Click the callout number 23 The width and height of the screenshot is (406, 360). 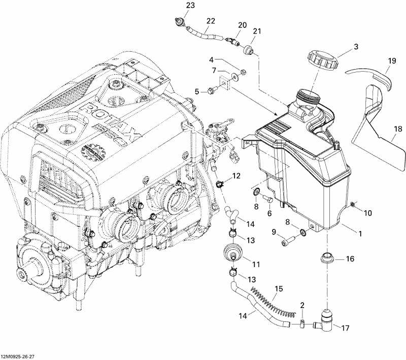tap(176, 5)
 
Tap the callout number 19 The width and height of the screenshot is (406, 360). tap(391, 61)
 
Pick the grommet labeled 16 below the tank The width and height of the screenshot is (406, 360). tap(327, 258)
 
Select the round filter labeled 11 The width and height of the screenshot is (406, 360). tap(234, 253)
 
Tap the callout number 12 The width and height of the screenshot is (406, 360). tap(236, 176)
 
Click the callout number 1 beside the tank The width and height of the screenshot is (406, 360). tap(360, 234)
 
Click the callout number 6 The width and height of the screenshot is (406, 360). tap(270, 214)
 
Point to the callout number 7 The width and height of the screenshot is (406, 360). tap(214, 70)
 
